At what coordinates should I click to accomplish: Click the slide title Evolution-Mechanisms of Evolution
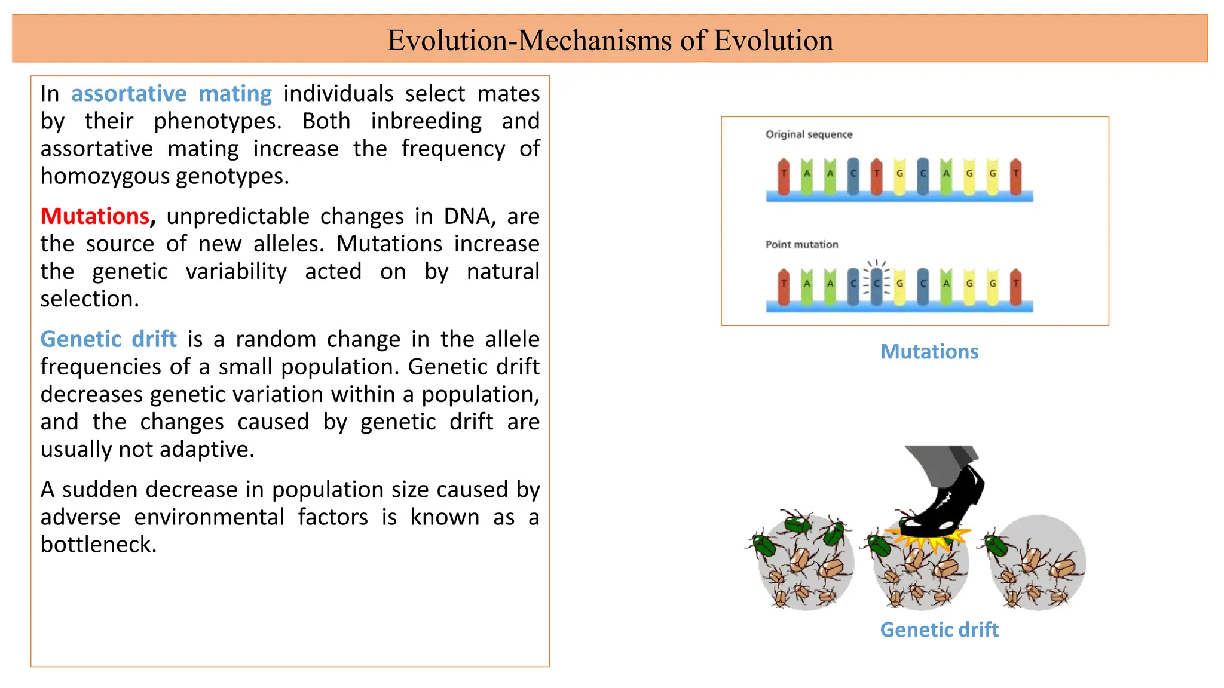pyautogui.click(x=610, y=41)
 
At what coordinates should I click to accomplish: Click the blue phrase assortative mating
pyautogui.click(x=172, y=94)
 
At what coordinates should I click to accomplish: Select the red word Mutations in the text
pyautogui.click(x=95, y=216)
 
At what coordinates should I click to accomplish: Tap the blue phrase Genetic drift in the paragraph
pyautogui.click(x=109, y=339)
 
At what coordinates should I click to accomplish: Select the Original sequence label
pyautogui.click(x=809, y=134)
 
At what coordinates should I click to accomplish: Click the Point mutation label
pyautogui.click(x=801, y=244)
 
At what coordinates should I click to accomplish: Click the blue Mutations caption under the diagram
pyautogui.click(x=929, y=352)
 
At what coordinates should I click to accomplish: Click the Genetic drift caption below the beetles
pyautogui.click(x=939, y=629)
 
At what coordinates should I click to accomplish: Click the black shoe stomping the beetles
pyautogui.click(x=950, y=502)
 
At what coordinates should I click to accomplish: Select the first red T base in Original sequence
pyautogui.click(x=784, y=176)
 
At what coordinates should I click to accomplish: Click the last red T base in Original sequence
pyautogui.click(x=1015, y=176)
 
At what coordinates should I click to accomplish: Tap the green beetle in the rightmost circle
pyautogui.click(x=996, y=545)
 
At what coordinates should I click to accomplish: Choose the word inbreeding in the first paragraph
pyautogui.click(x=426, y=121)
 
